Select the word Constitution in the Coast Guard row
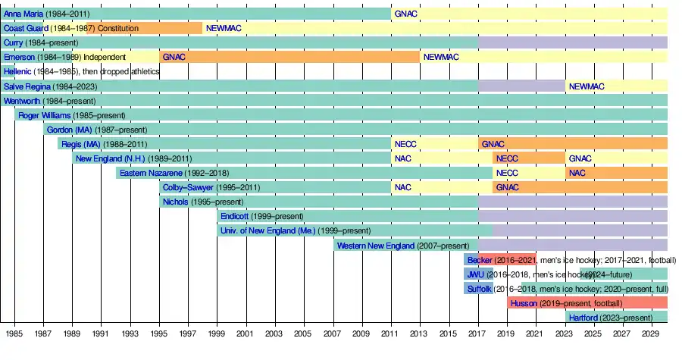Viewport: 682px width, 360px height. [118, 28]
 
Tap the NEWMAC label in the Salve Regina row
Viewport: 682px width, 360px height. [587, 86]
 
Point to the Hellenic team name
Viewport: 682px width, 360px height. [17, 72]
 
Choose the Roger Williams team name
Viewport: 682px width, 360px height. [45, 115]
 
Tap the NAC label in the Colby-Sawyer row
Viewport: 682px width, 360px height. [402, 187]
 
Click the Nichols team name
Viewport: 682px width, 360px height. [176, 202]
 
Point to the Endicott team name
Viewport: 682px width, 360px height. [234, 216]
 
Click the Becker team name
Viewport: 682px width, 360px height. [480, 260]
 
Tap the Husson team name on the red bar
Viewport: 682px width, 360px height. [524, 303]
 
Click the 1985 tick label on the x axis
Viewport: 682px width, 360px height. [14, 333]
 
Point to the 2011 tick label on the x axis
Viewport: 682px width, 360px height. [389, 333]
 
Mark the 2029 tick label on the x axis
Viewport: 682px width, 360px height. [649, 333]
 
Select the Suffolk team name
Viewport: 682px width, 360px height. [480, 289]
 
